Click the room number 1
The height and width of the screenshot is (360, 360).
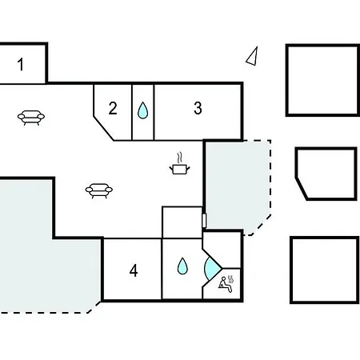(x=21, y=65)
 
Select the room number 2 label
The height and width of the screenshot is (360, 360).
(x=113, y=108)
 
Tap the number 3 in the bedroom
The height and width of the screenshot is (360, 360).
(x=198, y=108)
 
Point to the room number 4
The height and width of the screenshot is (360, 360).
(x=134, y=270)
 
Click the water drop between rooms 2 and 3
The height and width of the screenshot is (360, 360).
(x=142, y=110)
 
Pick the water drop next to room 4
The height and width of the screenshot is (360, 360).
(x=182, y=266)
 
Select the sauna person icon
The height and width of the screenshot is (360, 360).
(x=226, y=284)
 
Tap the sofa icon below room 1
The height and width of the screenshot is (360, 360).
(x=31, y=118)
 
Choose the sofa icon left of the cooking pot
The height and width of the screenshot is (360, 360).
(x=99, y=190)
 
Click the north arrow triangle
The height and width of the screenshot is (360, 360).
(x=252, y=56)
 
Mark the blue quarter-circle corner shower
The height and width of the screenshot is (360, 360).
(x=212, y=268)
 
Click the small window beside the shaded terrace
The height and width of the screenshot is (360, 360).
(x=204, y=221)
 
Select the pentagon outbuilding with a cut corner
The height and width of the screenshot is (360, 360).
(x=326, y=174)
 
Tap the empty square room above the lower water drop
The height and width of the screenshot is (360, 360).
(x=182, y=222)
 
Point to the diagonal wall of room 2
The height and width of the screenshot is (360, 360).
(x=104, y=128)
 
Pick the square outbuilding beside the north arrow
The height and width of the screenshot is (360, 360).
(x=322, y=80)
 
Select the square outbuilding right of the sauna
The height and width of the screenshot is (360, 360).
(x=325, y=270)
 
